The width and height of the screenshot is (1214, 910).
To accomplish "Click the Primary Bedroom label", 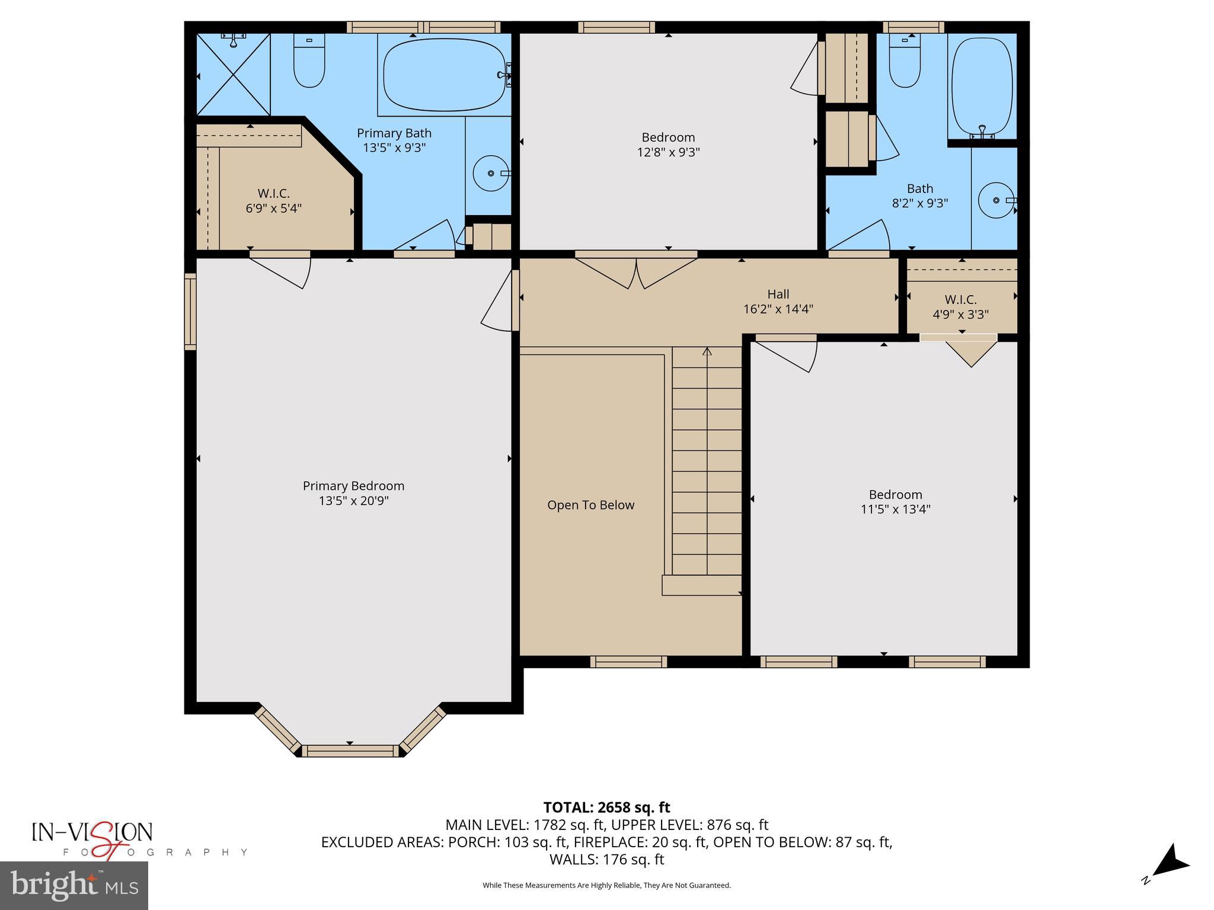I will (x=353, y=486).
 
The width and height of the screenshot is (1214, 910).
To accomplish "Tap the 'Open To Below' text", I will (x=590, y=505).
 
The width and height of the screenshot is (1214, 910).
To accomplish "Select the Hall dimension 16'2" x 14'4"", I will (x=778, y=309).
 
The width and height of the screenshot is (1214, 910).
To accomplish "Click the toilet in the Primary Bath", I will (x=309, y=62).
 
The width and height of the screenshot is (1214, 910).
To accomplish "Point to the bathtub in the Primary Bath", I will (x=444, y=75).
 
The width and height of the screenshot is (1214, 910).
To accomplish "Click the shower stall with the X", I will (x=233, y=75).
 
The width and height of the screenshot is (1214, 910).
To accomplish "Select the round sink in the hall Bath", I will (x=996, y=200).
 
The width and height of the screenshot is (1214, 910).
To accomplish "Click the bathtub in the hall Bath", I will (x=982, y=86).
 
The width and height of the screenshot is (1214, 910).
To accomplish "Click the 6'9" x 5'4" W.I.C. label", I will (x=273, y=208).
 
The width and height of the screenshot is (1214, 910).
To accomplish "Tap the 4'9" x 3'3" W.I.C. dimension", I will (x=960, y=315).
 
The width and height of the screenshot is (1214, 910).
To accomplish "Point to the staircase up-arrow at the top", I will (x=707, y=352).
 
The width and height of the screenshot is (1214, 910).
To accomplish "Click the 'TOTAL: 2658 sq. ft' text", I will (x=606, y=807).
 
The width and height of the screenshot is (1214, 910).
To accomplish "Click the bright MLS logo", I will (x=74, y=886).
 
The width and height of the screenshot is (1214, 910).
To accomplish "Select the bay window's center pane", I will (x=350, y=751).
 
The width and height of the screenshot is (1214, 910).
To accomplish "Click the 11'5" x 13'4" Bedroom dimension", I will (x=895, y=509).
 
